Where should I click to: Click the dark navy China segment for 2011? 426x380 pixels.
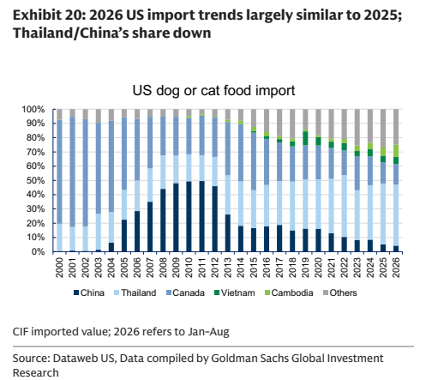201,216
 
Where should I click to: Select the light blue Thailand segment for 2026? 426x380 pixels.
396,215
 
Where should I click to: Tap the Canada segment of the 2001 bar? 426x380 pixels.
72,172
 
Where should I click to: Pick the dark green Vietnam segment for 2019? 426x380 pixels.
305,138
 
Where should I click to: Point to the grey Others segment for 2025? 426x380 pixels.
383,129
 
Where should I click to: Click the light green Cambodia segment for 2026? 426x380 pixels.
396,151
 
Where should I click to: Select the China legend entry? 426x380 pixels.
89,293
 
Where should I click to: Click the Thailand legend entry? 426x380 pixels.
135,293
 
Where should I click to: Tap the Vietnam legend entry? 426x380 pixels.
234,293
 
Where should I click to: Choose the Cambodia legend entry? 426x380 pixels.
289,293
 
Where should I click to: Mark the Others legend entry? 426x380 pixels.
340,293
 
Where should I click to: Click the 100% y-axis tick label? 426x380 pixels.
33,110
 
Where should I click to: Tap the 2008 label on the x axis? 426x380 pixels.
163,268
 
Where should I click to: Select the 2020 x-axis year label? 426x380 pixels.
318,268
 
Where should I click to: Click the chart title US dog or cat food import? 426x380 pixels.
213,91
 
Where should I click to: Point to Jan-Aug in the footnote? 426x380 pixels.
208,332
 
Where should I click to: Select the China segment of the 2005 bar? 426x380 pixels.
124,236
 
